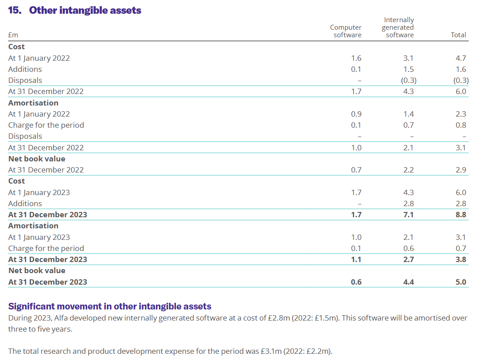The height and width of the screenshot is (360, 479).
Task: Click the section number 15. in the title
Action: click(x=15, y=10)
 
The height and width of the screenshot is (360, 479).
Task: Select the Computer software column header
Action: click(x=346, y=31)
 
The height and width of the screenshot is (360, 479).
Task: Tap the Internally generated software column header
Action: click(x=398, y=27)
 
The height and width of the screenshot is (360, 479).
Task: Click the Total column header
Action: click(x=458, y=35)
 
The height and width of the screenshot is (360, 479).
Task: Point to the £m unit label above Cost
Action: click(x=13, y=35)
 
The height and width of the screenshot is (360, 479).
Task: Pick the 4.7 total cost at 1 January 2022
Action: click(x=461, y=58)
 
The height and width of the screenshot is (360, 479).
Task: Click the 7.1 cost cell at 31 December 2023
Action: click(x=409, y=215)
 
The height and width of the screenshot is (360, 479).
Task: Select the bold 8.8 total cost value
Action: click(x=461, y=215)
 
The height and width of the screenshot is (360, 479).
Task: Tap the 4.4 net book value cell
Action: click(x=409, y=282)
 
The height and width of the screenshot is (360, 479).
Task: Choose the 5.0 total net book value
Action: click(x=461, y=282)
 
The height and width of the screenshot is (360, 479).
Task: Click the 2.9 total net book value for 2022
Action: click(x=461, y=170)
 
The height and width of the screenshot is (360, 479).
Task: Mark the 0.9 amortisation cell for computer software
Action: click(x=356, y=114)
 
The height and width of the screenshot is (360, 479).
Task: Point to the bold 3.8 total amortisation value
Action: click(x=461, y=259)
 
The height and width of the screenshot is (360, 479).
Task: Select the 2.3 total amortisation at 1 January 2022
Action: click(x=461, y=114)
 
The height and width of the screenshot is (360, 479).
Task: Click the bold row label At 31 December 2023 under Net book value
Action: click(x=48, y=282)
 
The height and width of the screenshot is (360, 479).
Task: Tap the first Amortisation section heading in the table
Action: click(x=33, y=103)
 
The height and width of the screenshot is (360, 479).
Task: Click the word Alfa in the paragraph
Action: click(x=61, y=318)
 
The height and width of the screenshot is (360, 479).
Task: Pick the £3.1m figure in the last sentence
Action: click(x=271, y=351)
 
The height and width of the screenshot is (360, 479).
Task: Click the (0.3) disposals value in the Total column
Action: click(x=461, y=80)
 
